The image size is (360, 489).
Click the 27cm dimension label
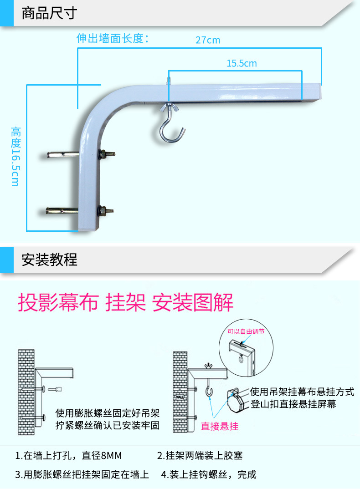coord(208,40)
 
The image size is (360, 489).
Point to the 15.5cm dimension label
coord(242,63)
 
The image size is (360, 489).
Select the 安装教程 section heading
coord(49,260)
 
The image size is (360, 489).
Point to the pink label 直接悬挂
coord(220,426)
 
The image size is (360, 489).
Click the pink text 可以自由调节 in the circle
coord(246,332)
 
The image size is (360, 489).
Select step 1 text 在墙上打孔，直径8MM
coord(69,456)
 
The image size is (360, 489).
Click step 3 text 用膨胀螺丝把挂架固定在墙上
coord(82,474)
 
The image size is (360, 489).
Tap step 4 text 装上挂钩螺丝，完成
coord(209,474)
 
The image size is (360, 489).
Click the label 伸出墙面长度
coord(113,38)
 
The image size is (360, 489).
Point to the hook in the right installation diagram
coord(210,391)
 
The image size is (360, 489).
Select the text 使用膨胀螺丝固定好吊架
coord(108,414)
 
